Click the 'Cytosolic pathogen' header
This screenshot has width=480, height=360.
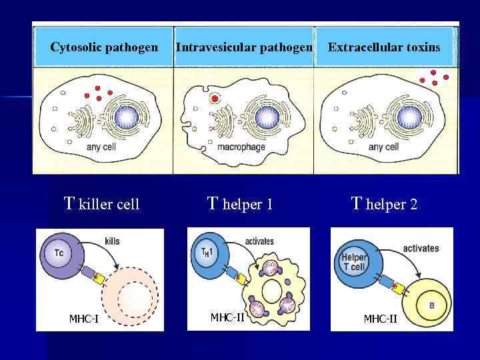104,47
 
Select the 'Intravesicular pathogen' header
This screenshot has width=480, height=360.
243,47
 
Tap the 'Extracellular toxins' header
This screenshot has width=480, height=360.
384,47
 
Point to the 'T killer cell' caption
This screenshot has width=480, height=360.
101,204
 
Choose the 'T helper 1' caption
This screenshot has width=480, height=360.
240,204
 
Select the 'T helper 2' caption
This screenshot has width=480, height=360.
384,204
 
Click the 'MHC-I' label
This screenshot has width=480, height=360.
84,317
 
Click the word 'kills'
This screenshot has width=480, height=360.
112,241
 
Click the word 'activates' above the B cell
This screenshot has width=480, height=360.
421,248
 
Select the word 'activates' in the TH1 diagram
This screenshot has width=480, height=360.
259,241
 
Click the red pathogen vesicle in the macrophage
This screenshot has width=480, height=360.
215,99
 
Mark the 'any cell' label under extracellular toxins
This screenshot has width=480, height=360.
383,147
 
